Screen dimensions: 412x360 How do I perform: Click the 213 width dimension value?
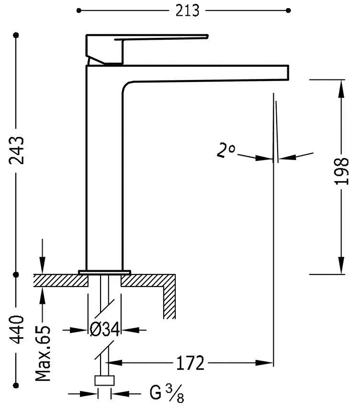(x=187, y=11)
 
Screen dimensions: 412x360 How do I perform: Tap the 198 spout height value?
(x=341, y=171)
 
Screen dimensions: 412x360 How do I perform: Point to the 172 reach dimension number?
(x=191, y=363)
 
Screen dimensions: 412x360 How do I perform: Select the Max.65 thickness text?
(x=43, y=353)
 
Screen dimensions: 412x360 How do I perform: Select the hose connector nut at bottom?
(x=105, y=381)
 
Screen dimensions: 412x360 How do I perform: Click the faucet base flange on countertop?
(x=105, y=272)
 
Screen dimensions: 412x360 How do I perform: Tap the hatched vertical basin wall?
(x=169, y=302)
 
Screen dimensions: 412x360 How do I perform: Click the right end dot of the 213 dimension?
(x=288, y=10)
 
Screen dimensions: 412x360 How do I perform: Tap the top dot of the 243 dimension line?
(x=17, y=35)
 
